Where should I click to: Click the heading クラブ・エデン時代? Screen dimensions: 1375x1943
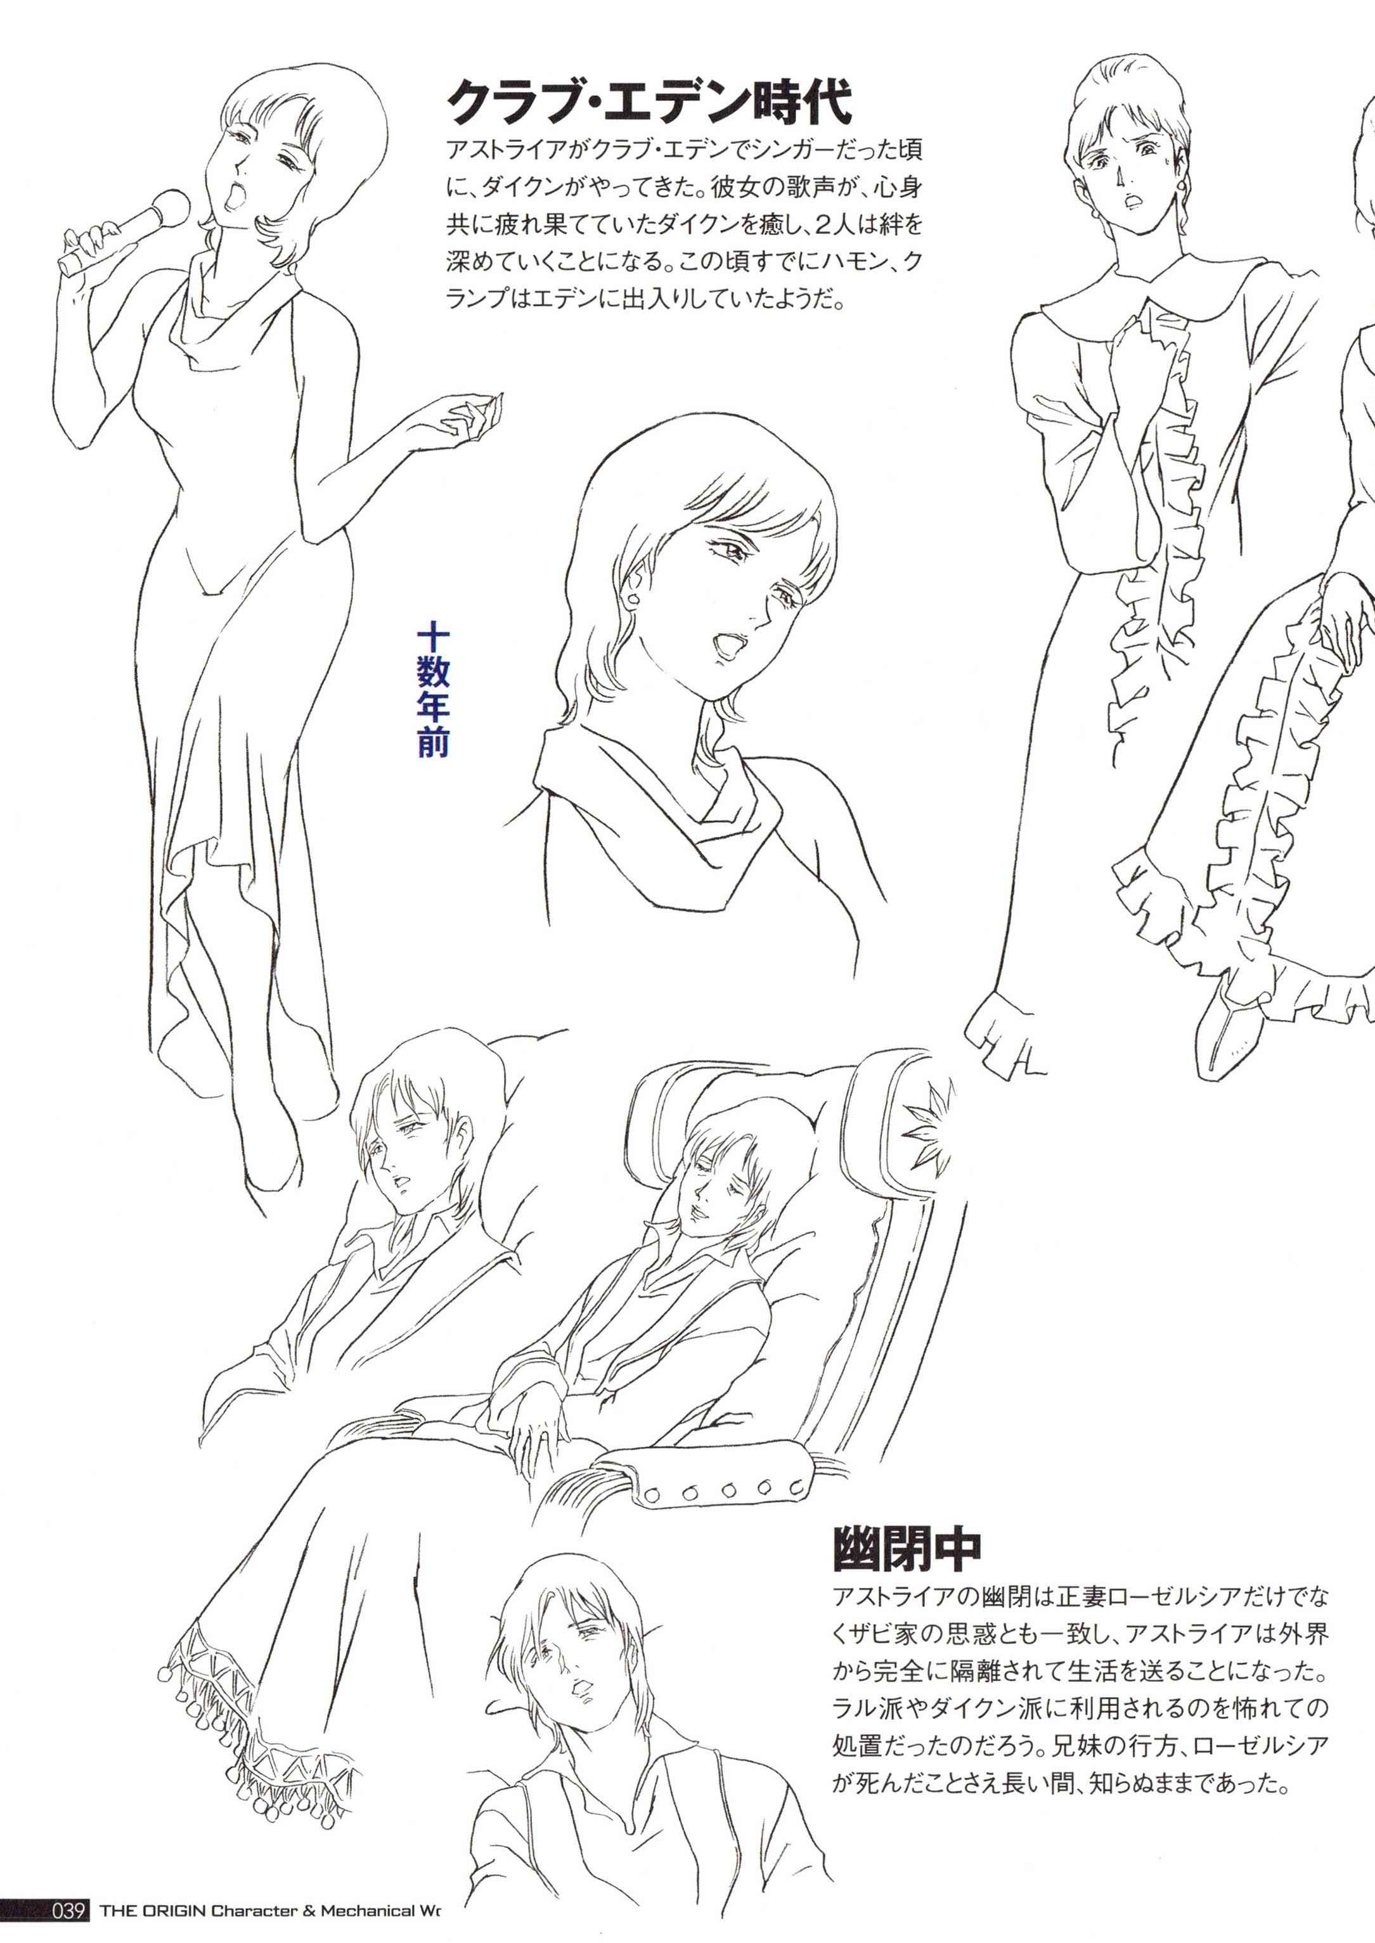[649, 103]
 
